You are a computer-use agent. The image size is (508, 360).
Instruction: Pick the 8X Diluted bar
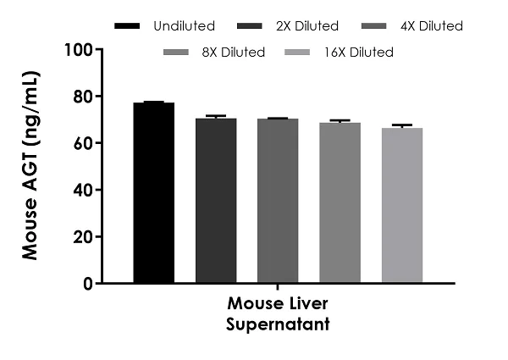pyautogui.click(x=340, y=202)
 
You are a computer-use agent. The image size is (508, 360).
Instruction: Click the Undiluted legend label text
pyautogui.click(x=185, y=26)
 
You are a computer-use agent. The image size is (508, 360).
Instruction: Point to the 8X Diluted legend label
pyautogui.click(x=235, y=53)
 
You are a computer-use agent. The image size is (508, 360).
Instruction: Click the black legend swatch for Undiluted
pyautogui.click(x=132, y=26)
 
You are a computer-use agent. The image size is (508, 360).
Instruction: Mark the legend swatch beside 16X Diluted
pyautogui.click(x=306, y=53)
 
